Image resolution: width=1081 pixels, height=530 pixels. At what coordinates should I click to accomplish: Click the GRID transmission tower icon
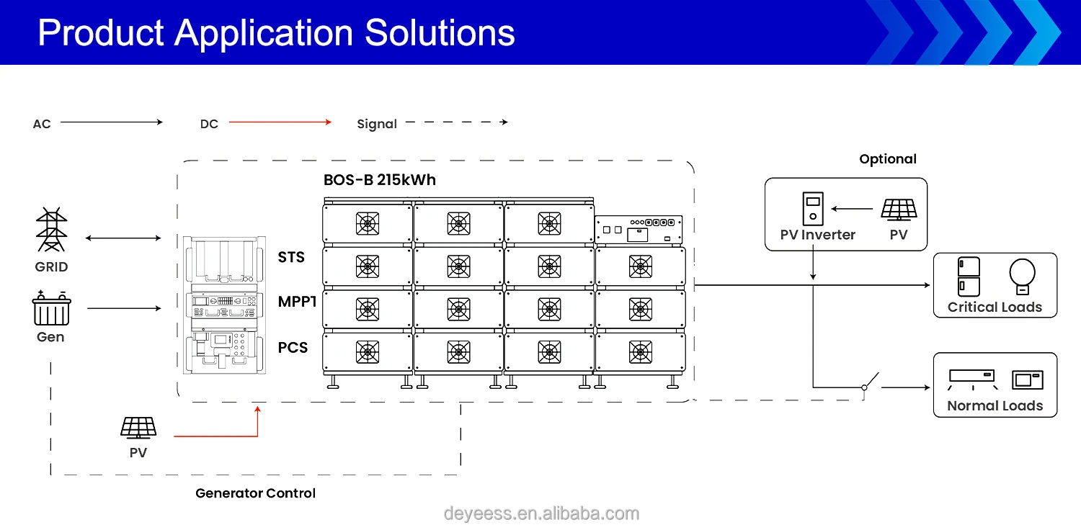(51, 230)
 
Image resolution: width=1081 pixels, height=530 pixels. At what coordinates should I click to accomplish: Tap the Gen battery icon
(51, 309)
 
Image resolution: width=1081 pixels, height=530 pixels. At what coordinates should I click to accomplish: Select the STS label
(291, 257)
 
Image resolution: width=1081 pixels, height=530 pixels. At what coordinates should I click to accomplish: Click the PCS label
(293, 348)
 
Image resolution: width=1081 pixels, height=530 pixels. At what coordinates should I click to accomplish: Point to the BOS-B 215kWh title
(380, 180)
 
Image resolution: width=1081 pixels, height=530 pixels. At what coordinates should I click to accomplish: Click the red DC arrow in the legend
(280, 122)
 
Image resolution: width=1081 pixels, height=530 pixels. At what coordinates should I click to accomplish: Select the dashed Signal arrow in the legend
(457, 122)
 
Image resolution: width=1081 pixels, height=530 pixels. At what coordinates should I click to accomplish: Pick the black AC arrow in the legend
(112, 122)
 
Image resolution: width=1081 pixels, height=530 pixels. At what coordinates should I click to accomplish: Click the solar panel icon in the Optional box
(899, 210)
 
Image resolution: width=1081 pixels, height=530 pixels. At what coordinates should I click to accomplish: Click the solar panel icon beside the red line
(138, 428)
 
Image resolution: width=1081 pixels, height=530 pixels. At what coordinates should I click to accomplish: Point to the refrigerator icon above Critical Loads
(969, 277)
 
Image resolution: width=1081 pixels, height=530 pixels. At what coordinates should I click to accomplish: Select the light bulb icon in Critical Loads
(1022, 277)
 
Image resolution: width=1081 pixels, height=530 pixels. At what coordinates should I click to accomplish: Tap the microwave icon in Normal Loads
(1027, 379)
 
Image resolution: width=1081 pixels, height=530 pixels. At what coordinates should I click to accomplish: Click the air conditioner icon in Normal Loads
(971, 378)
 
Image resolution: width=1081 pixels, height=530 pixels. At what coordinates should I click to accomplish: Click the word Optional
(888, 159)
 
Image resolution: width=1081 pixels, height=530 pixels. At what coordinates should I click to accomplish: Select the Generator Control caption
(256, 493)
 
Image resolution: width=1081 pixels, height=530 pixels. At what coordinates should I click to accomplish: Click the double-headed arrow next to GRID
(123, 238)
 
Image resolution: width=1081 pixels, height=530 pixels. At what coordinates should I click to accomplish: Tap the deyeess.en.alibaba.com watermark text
(541, 513)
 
